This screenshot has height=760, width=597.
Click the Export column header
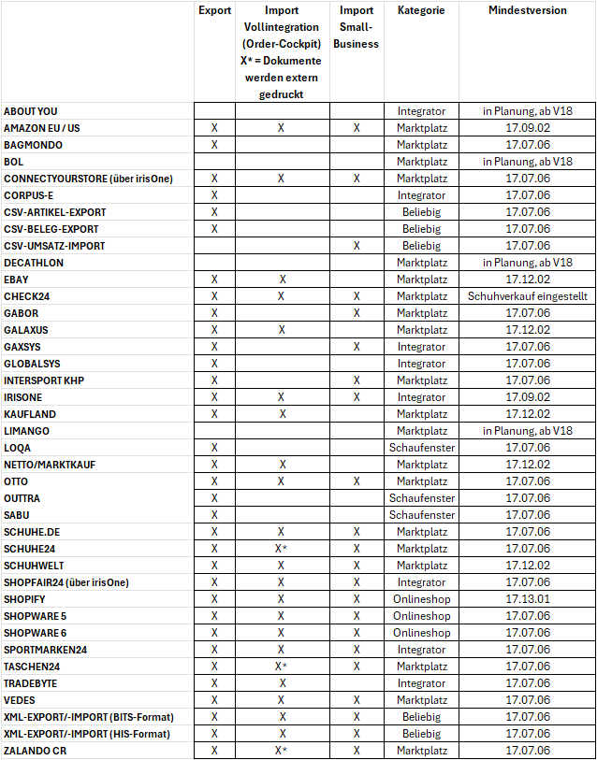click(214, 10)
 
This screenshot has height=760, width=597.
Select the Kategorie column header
click(421, 10)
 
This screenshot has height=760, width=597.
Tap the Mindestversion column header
click(527, 10)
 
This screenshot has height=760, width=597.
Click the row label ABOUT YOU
click(31, 111)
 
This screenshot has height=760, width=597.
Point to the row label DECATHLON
click(34, 263)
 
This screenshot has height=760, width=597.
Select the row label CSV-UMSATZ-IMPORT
click(54, 246)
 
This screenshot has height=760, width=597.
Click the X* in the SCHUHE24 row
click(281, 549)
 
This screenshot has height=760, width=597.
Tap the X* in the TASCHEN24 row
click(281, 667)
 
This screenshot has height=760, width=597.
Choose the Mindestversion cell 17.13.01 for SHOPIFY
click(528, 599)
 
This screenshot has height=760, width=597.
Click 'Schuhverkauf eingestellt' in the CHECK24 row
click(528, 296)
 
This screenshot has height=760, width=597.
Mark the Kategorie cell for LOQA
click(421, 448)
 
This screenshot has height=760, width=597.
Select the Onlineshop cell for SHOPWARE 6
click(421, 633)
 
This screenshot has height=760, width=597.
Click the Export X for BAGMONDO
click(214, 145)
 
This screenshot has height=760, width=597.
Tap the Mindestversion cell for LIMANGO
click(528, 431)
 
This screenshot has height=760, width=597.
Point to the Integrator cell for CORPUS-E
click(421, 195)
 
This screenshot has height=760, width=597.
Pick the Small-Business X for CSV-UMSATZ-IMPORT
click(357, 246)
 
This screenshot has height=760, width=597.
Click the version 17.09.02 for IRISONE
click(528, 397)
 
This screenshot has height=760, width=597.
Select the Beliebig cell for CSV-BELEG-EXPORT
click(421, 229)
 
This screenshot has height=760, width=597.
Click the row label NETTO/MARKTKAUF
click(50, 465)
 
